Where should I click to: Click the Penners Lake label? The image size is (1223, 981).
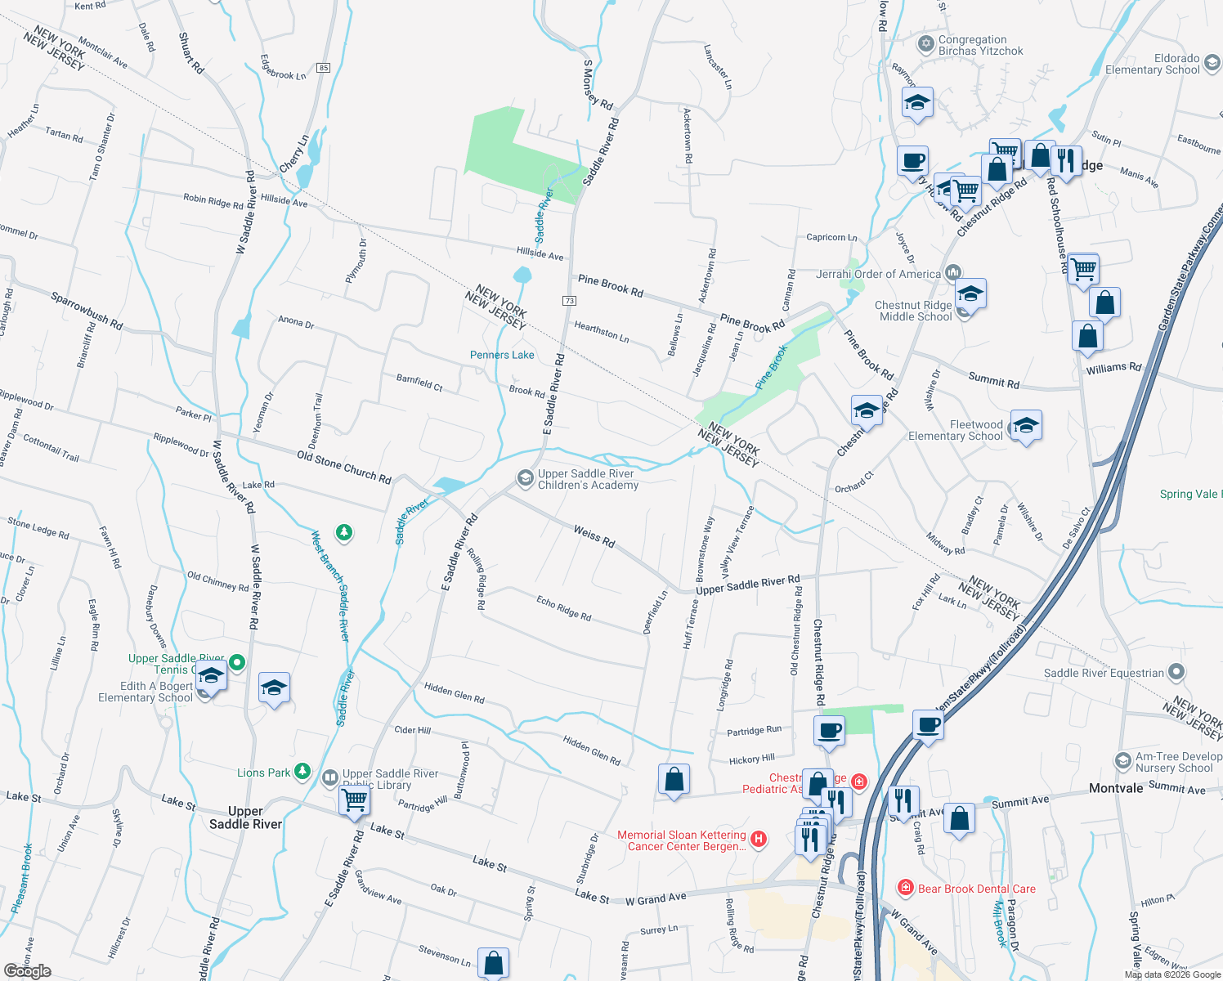click(502, 355)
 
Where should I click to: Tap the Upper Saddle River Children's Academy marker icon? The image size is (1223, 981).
click(525, 477)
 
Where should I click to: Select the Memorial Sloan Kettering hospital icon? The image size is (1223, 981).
click(759, 839)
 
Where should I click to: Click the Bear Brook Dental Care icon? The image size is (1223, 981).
click(905, 888)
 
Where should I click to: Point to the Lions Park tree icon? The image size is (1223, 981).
click(302, 771)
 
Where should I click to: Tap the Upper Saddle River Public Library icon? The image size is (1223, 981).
click(330, 777)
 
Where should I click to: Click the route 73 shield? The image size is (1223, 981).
click(570, 301)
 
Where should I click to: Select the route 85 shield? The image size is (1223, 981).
click(324, 68)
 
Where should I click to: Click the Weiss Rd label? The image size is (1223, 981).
click(594, 536)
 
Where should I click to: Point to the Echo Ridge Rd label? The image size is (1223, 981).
click(563, 607)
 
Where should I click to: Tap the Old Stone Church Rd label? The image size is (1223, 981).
click(343, 467)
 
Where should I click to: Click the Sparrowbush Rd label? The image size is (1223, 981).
click(87, 311)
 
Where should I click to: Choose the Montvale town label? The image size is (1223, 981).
click(1116, 788)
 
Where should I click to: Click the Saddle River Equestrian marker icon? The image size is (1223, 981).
click(1176, 672)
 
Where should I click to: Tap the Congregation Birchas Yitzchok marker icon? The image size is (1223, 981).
click(925, 44)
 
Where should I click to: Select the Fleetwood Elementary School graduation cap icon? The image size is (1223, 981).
click(1026, 425)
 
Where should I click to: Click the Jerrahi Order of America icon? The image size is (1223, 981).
click(952, 272)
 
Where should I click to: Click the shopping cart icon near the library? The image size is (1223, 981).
click(354, 799)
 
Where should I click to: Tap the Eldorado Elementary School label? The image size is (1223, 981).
click(1153, 64)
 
